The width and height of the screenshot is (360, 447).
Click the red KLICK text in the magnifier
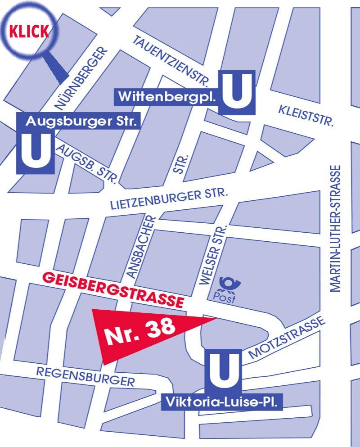tap(29, 32)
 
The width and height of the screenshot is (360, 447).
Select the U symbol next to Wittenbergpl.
tap(237, 92)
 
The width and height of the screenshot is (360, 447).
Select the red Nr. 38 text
tap(140, 332)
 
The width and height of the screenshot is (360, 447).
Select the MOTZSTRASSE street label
tap(285, 337)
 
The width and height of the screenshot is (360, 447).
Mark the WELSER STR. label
tap(212, 255)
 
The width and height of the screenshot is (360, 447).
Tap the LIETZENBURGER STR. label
tap(169, 199)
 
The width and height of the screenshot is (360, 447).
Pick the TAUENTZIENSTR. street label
tap(171, 61)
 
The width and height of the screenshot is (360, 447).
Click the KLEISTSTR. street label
tap(306, 115)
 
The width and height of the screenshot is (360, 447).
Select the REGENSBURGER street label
tap(85, 377)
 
